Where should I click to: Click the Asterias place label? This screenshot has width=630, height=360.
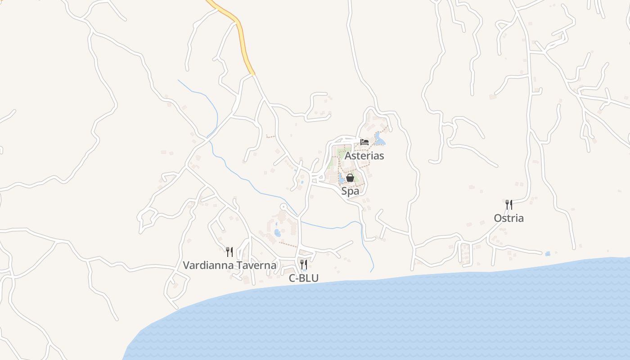[x=364, y=156]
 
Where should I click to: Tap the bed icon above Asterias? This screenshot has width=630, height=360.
[x=364, y=142]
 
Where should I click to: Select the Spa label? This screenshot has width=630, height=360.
[x=350, y=191]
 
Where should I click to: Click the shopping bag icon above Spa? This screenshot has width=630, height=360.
[x=350, y=178]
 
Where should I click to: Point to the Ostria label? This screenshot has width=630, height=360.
[x=508, y=218]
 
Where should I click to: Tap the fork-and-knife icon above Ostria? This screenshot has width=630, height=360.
[x=509, y=205]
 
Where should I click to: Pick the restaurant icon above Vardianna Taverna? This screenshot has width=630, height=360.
[x=229, y=252]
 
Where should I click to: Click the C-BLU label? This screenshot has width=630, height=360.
[x=304, y=278]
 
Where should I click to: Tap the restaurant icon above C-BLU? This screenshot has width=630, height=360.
[x=304, y=264]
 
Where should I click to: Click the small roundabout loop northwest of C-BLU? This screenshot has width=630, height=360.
[x=283, y=207]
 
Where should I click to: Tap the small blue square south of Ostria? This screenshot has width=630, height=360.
[x=548, y=254]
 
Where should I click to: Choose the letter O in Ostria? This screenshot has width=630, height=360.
[x=498, y=218]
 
